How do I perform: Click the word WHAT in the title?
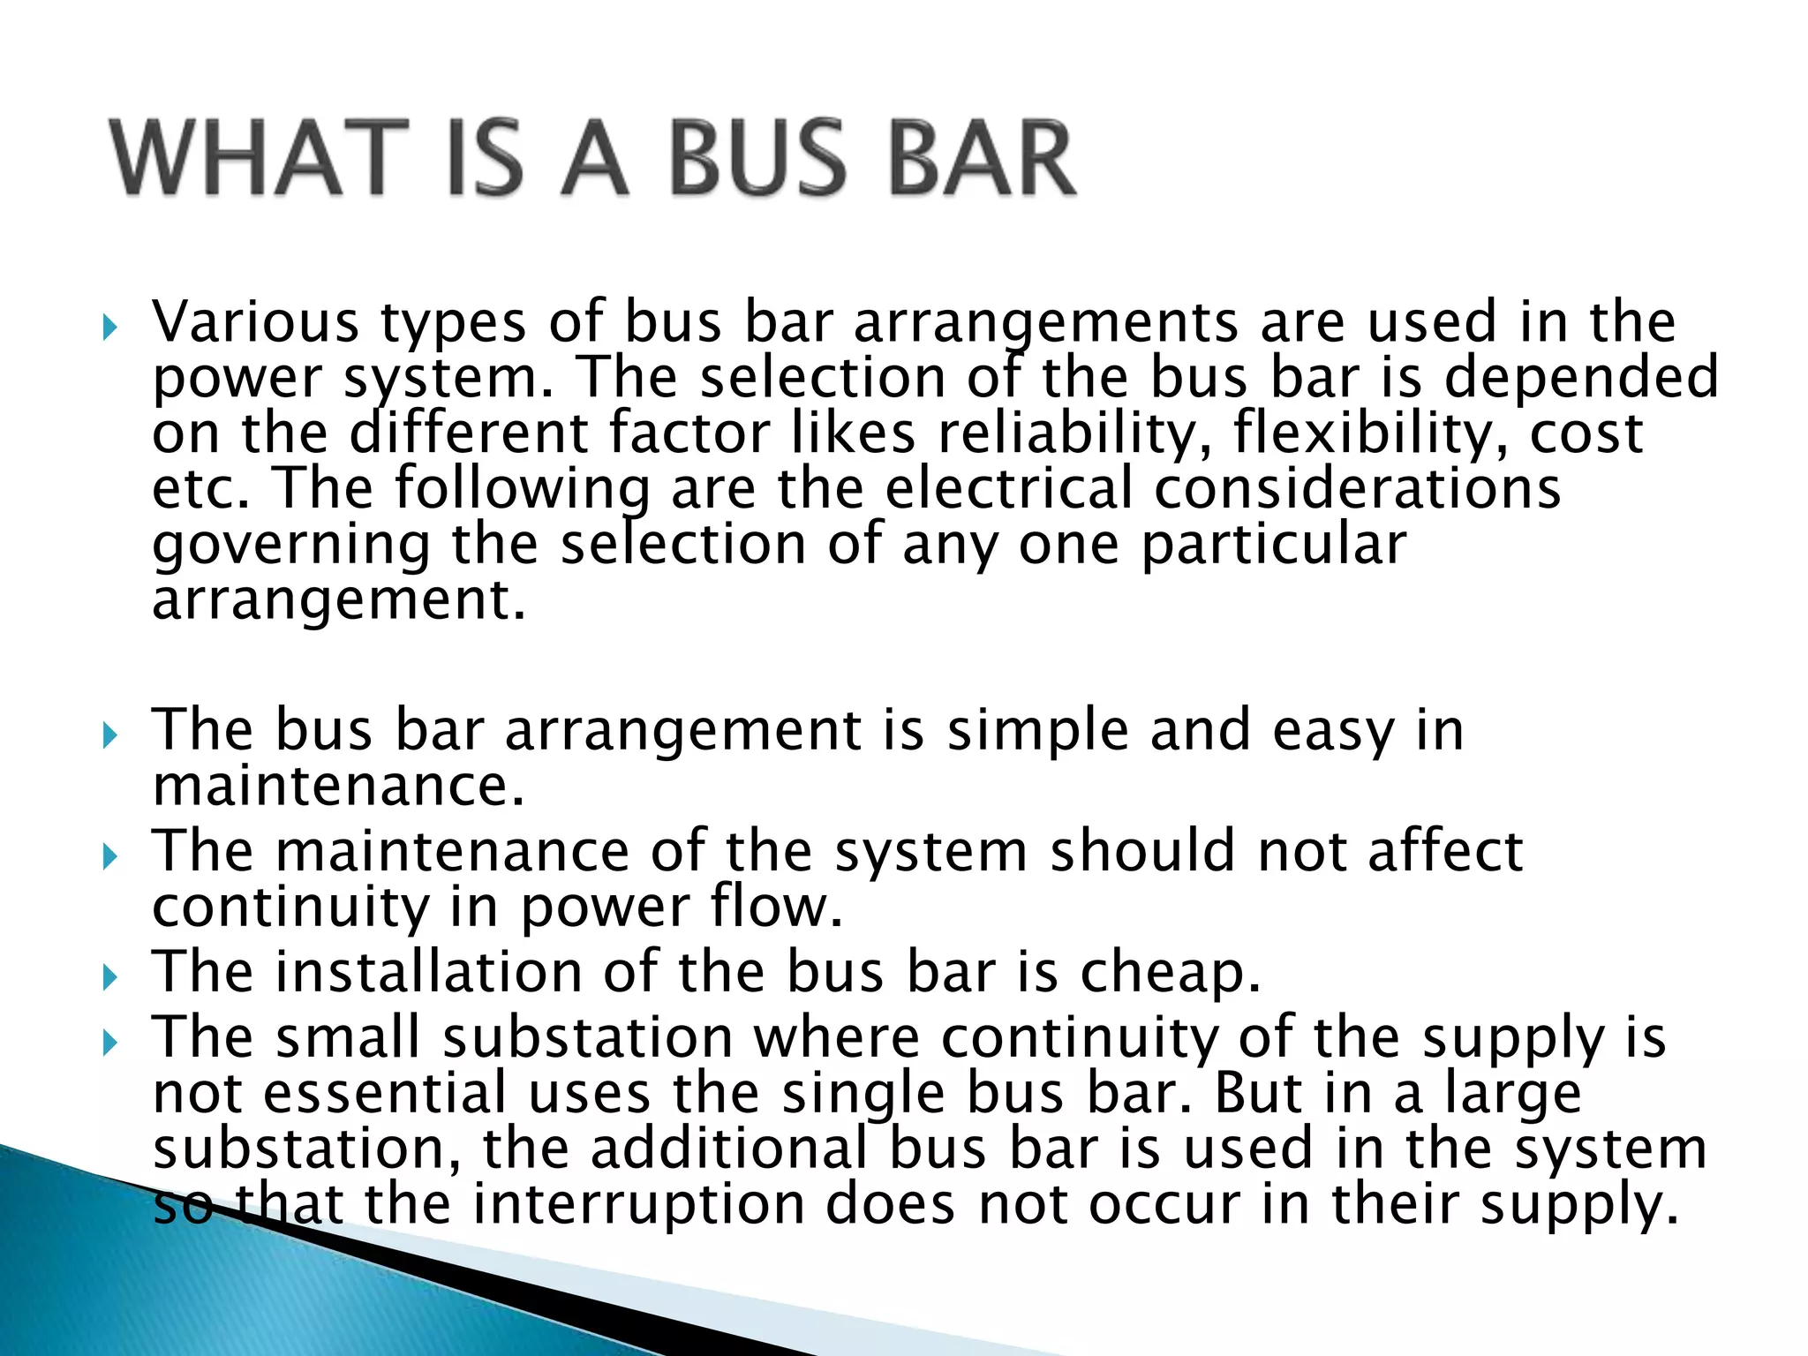pos(260,159)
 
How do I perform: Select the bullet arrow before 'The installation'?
pos(109,978)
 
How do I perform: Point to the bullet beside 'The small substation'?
pos(109,1043)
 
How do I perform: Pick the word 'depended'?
pos(1580,377)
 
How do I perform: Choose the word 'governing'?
pos(291,546)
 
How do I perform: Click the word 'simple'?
pos(1038,731)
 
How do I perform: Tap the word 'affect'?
pos(1445,851)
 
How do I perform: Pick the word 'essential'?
pos(385,1093)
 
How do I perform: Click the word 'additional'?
pos(729,1149)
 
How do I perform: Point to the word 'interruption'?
pos(639,1204)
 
